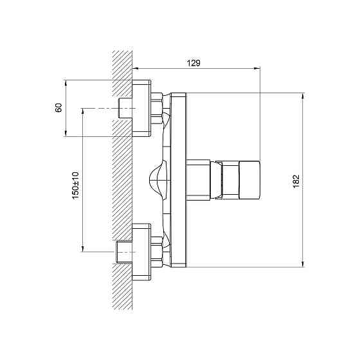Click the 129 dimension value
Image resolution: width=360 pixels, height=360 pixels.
click(194, 63)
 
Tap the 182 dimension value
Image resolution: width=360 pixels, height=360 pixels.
click(296, 181)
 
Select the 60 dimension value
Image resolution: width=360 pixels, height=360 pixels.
click(59, 107)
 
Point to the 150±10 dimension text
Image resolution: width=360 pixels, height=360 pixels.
click(76, 185)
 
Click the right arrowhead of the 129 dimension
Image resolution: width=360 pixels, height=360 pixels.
click(257, 68)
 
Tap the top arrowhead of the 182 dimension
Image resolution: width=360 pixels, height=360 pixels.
click(303, 96)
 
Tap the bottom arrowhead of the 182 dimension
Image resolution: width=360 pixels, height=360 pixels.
click(303, 264)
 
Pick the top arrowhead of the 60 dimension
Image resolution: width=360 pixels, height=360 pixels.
click(66, 83)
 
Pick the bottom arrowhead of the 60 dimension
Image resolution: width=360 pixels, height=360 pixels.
click(66, 134)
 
